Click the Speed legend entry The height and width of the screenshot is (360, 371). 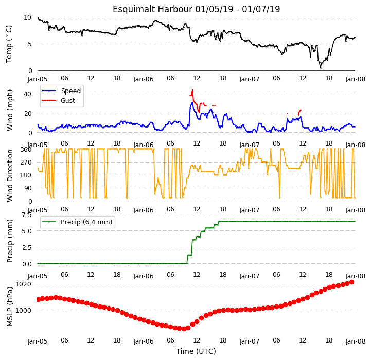(x=62, y=91)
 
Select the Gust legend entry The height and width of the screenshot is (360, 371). (x=59, y=100)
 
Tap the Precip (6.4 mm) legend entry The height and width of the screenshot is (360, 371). (x=77, y=222)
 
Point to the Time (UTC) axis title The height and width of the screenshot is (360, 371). (x=196, y=351)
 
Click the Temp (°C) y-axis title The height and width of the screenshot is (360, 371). (x=9, y=44)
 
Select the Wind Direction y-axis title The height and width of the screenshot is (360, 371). (x=10, y=175)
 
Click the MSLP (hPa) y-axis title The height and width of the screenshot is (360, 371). (x=10, y=307)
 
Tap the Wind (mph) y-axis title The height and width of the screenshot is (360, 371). (x=10, y=110)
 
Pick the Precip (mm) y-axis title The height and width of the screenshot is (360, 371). (x=10, y=241)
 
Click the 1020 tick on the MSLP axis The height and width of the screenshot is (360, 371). (x=24, y=284)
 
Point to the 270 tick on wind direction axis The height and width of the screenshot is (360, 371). (x=26, y=163)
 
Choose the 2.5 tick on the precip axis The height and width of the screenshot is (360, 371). (x=27, y=247)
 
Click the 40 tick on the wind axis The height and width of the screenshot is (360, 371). (x=28, y=94)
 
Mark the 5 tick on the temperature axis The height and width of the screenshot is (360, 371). (x=30, y=44)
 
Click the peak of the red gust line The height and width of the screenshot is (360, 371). (x=192, y=90)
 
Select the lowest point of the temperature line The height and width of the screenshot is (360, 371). (x=321, y=68)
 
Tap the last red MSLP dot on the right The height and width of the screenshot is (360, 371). (x=351, y=282)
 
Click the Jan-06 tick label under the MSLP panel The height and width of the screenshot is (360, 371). (x=144, y=341)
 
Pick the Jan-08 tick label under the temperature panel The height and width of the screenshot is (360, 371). (x=356, y=79)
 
